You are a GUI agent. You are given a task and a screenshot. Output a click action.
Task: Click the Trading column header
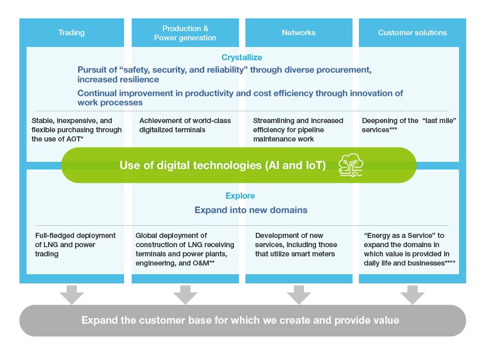[71, 33]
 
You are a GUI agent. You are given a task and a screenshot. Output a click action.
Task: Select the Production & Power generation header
[185, 33]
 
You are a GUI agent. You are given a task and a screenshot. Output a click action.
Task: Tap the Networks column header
[299, 33]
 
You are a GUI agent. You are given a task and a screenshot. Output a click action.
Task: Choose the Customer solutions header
[412, 33]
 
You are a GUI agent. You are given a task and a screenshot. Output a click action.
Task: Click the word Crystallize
[241, 57]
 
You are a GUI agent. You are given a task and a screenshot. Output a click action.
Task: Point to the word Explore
[240, 196]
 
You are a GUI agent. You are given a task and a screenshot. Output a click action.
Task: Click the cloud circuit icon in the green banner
[351, 165]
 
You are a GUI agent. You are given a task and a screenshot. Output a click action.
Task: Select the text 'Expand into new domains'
[251, 210]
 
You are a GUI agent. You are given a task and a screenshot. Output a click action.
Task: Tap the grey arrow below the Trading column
[71, 295]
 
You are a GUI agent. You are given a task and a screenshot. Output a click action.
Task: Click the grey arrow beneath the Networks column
[299, 295]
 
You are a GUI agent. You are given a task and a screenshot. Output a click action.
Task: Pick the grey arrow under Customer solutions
[413, 295]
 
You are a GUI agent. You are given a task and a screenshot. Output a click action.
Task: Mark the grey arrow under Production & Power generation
[185, 295]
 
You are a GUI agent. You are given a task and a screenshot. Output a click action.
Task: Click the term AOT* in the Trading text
[75, 139]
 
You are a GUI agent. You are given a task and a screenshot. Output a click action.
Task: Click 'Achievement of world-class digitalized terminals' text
[185, 125]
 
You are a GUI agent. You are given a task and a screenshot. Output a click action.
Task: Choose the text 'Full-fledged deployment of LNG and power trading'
[75, 245]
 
